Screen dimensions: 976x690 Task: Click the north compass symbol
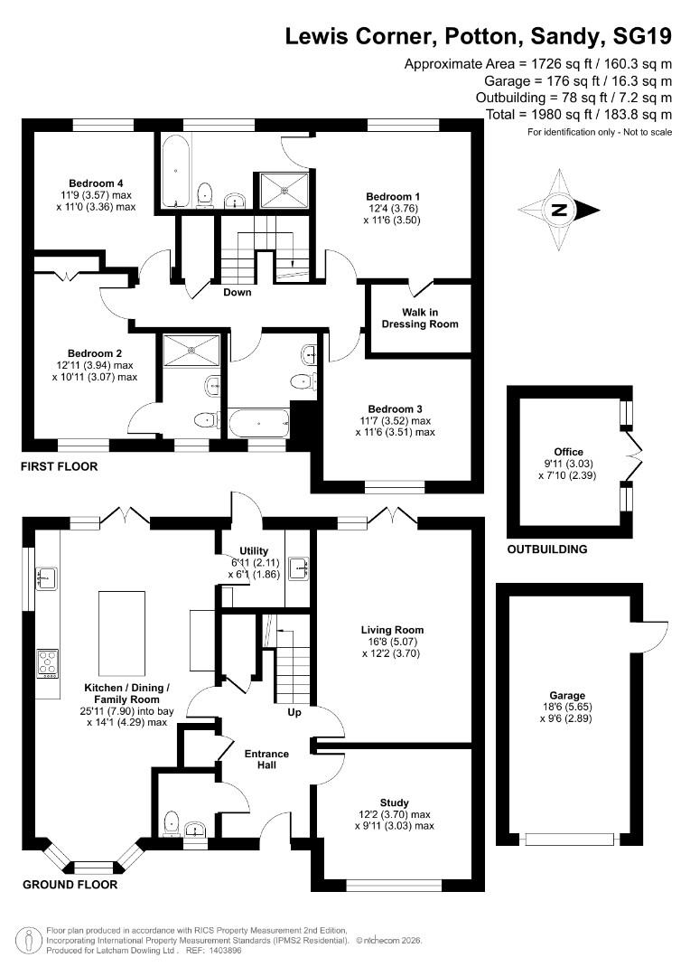click(560, 211)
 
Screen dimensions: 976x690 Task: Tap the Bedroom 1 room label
click(393, 196)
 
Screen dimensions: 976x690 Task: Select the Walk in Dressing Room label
click(419, 318)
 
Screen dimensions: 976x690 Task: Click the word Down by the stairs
click(238, 292)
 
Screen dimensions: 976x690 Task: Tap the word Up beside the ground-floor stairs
click(294, 713)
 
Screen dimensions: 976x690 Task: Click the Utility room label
click(254, 551)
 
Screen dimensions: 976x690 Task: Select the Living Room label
click(392, 630)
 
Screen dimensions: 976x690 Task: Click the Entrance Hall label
click(267, 759)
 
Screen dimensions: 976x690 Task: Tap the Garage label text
click(570, 696)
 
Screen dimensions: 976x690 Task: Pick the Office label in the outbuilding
click(569, 452)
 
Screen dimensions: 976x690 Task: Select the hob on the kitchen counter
click(47, 663)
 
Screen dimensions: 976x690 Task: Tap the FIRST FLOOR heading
click(60, 467)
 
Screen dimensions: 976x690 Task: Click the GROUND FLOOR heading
click(70, 885)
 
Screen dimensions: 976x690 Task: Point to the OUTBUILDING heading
click(546, 549)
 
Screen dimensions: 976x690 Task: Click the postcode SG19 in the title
click(643, 37)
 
